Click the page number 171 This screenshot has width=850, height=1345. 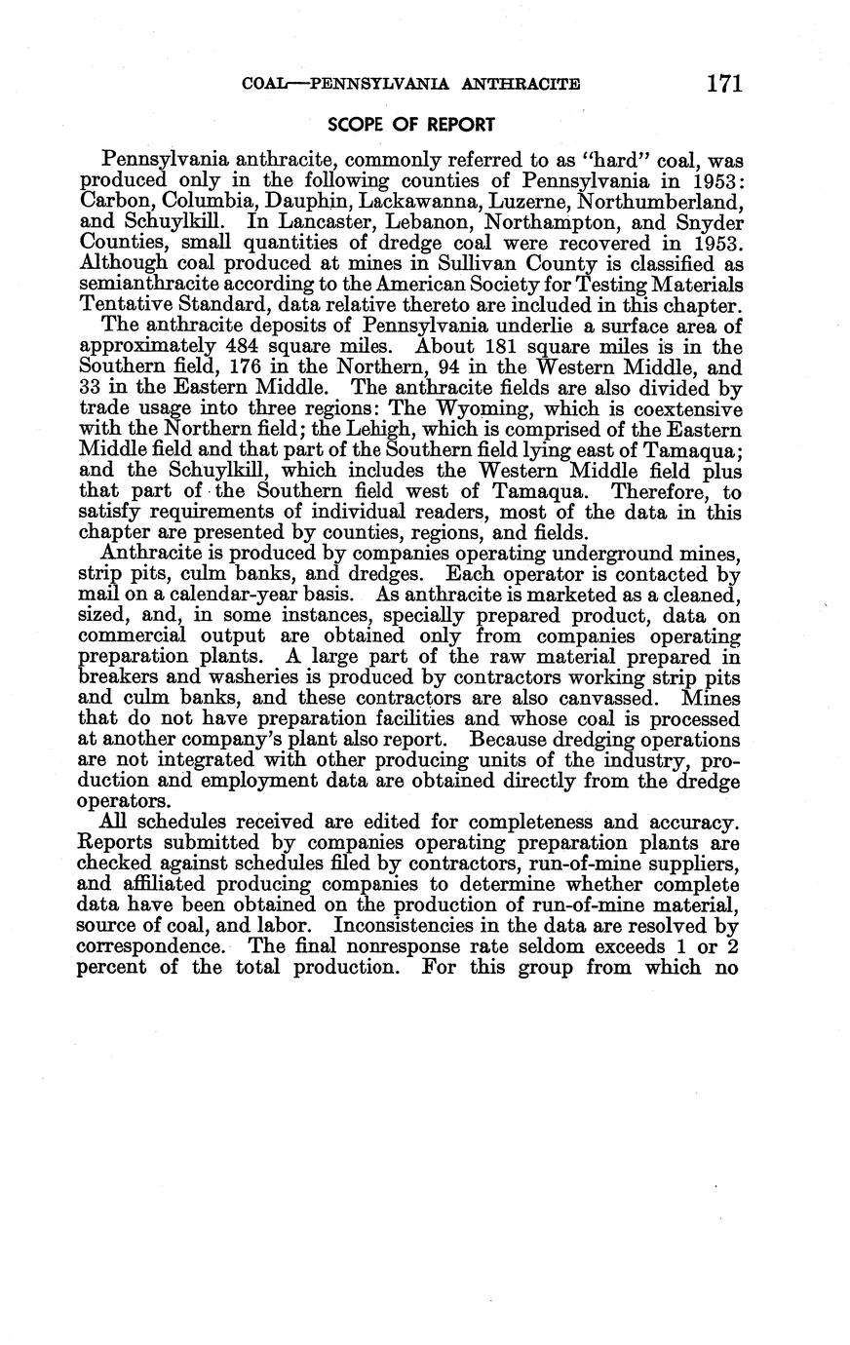click(725, 84)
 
